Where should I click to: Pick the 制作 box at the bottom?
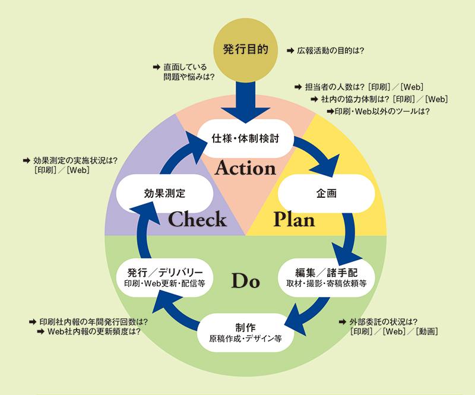[245, 333]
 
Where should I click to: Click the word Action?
[245, 168]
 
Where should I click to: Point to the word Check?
[197, 219]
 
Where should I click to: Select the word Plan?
[293, 219]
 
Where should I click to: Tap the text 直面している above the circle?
[184, 67]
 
